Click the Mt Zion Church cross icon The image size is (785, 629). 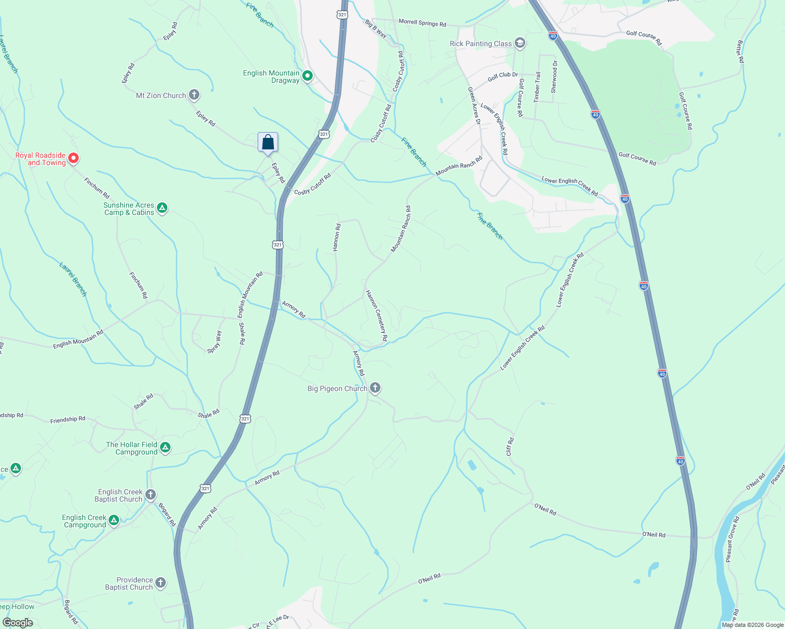(194, 95)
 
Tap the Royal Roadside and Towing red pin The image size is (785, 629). (74, 158)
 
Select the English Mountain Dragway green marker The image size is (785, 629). (307, 77)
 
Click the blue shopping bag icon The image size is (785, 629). (268, 142)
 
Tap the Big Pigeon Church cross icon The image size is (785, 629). (375, 388)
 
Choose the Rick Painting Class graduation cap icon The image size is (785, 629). (520, 43)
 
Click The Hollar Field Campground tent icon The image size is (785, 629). (165, 448)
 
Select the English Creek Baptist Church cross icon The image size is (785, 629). (151, 495)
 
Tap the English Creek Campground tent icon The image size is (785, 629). (114, 520)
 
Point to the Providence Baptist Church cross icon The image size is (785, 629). (161, 583)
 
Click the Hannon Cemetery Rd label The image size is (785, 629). (376, 316)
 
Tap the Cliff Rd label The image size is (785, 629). (510, 447)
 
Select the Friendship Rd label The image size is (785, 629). (68, 420)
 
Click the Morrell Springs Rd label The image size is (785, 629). (422, 23)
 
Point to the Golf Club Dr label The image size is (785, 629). (502, 76)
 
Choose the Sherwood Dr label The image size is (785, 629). (554, 77)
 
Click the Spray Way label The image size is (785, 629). (214, 342)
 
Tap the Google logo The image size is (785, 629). (17, 623)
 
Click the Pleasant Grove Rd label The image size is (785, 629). (732, 539)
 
